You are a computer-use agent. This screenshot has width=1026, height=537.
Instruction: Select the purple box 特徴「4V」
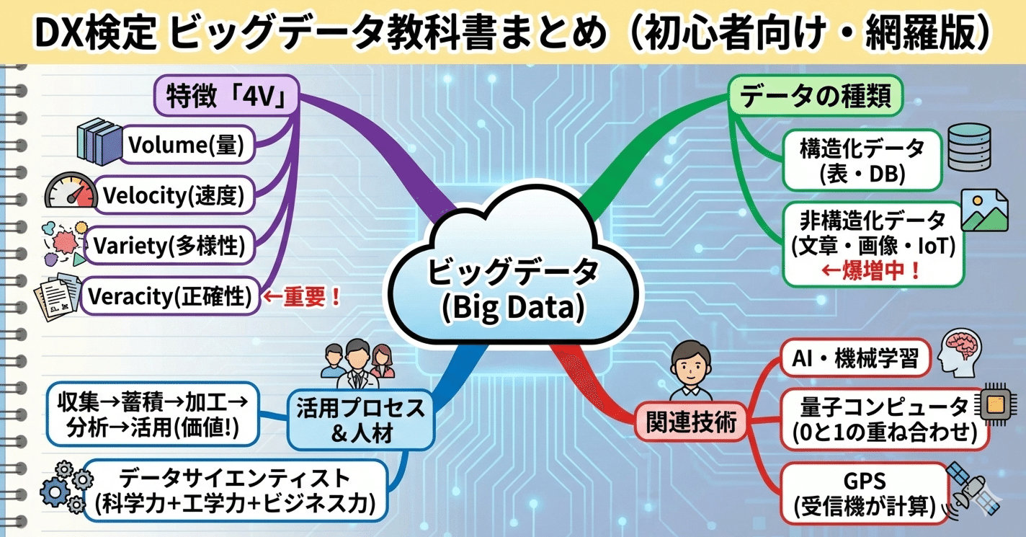(227, 96)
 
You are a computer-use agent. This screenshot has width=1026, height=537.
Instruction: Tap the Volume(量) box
(186, 146)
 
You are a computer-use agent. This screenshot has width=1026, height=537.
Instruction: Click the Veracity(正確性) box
(170, 296)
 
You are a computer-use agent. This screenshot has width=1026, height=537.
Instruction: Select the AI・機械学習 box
(857, 358)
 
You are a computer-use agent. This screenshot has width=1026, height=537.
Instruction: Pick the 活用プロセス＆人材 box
(360, 420)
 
